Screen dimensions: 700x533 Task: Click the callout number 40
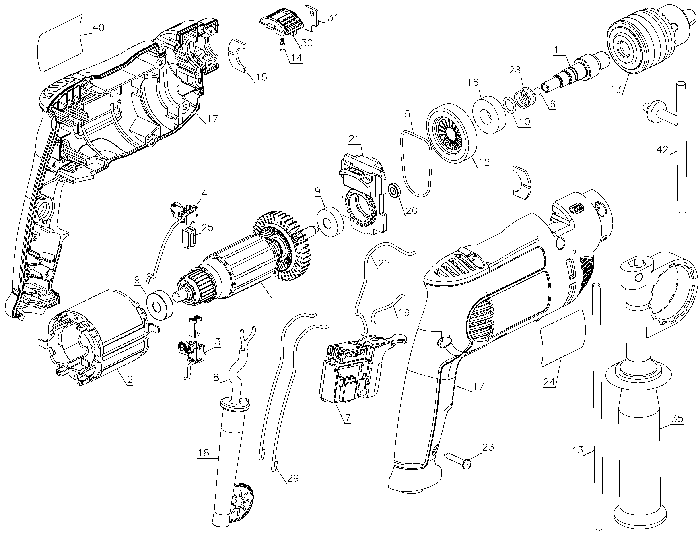[98, 28]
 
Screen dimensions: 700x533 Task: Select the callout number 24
[549, 382]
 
